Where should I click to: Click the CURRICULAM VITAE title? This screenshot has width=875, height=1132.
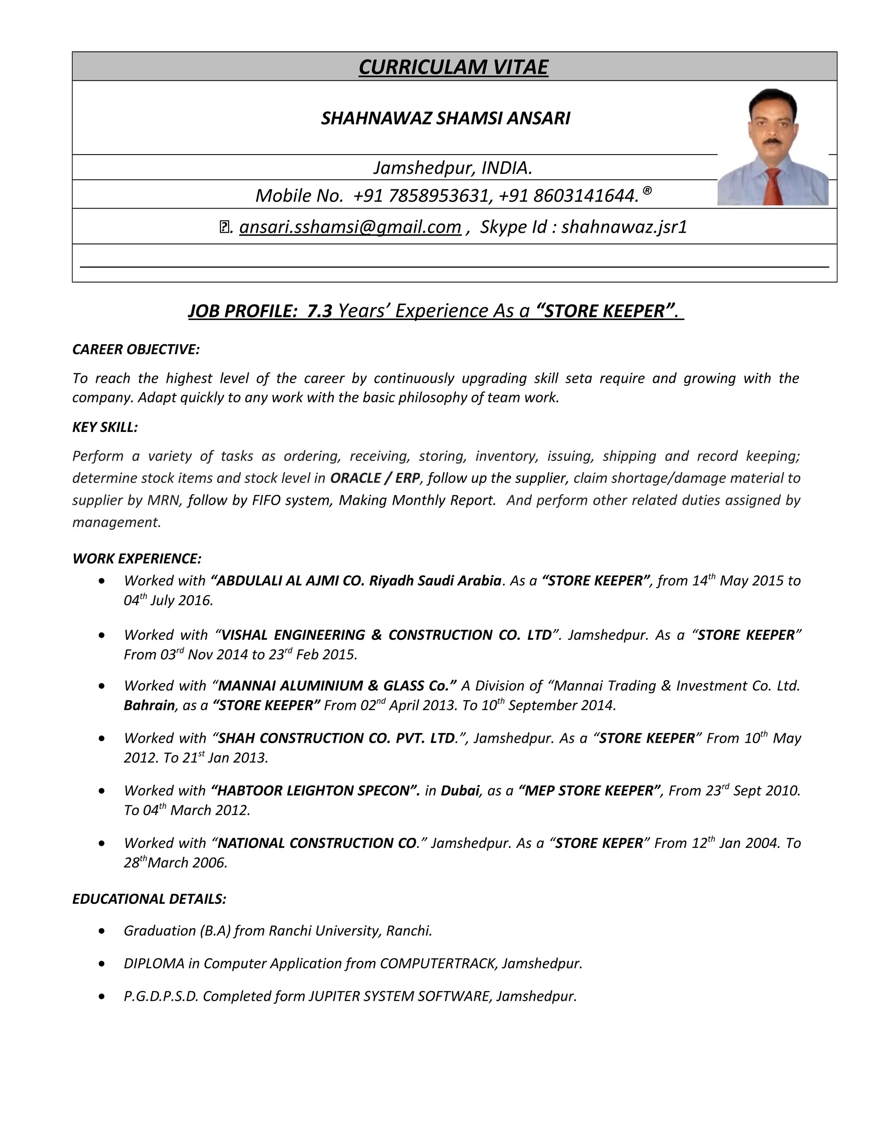pyautogui.click(x=453, y=67)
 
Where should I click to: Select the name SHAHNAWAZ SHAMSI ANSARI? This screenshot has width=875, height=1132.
pyautogui.click(x=445, y=118)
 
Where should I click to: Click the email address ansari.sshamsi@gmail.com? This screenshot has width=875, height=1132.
pyautogui.click(x=350, y=227)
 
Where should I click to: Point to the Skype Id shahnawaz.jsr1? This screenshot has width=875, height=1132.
pyautogui.click(x=624, y=227)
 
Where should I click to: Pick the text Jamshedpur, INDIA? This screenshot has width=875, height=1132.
pyautogui.click(x=452, y=167)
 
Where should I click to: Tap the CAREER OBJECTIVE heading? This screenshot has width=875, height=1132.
pyautogui.click(x=136, y=349)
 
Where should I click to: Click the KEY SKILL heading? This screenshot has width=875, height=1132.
pyautogui.click(x=105, y=427)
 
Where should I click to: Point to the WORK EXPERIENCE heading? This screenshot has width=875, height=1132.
pyautogui.click(x=137, y=558)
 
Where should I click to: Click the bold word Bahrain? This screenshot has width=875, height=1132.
pyautogui.click(x=149, y=705)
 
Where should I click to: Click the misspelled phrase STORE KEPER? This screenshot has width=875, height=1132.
pyautogui.click(x=599, y=843)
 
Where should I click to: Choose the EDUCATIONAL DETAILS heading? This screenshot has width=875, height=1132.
pyautogui.click(x=149, y=899)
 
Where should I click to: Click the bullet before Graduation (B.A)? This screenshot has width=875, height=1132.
pyautogui.click(x=102, y=931)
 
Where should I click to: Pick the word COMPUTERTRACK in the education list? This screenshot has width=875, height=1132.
pyautogui.click(x=438, y=964)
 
